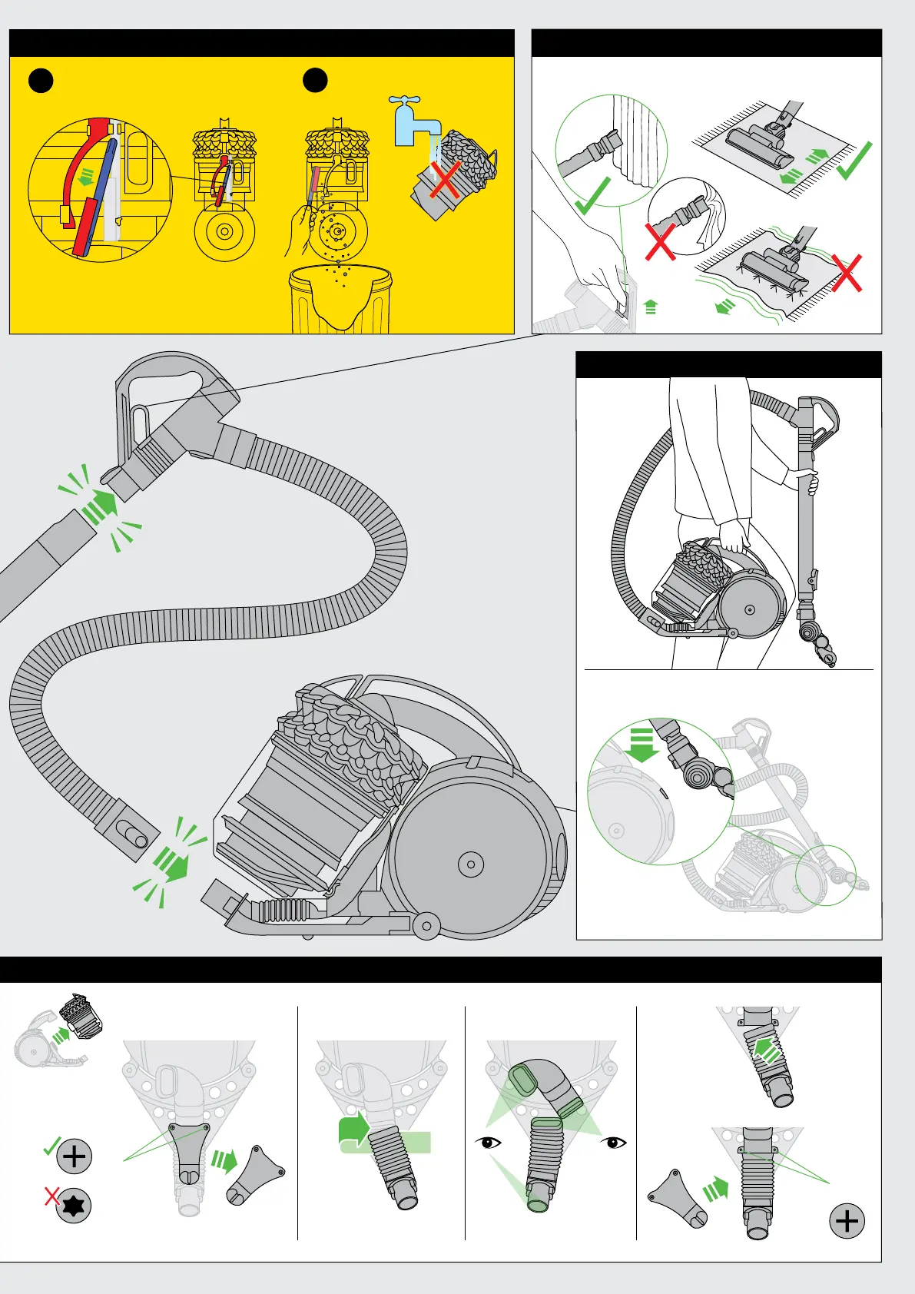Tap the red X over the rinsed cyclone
click(445, 179)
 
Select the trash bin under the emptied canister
click(340, 301)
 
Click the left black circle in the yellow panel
click(41, 80)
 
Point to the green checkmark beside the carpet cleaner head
click(854, 161)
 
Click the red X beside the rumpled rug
click(846, 273)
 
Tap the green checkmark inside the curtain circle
click(592, 195)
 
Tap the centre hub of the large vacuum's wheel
click(470, 864)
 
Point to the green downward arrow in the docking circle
click(641, 744)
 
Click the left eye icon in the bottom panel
click(488, 1143)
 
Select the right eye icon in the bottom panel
click(615, 1143)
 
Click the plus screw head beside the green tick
click(75, 1156)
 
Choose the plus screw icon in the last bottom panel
click(847, 1221)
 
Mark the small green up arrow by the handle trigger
click(651, 307)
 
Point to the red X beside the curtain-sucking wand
click(660, 241)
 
